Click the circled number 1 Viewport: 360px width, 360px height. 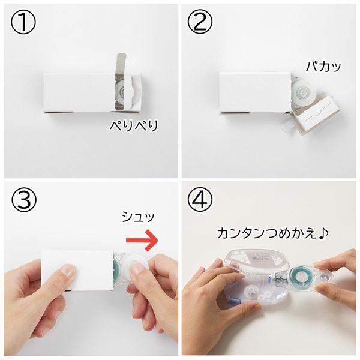click(x=23, y=22)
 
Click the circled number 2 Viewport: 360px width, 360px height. click(x=200, y=22)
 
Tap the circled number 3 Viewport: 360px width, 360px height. click(x=23, y=199)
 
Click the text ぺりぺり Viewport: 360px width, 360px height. click(x=134, y=126)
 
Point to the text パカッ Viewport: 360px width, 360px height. click(x=323, y=66)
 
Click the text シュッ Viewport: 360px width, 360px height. click(x=138, y=217)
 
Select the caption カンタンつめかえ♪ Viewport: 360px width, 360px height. click(x=273, y=233)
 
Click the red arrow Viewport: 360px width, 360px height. click(x=142, y=240)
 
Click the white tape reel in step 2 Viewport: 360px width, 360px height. click(x=304, y=93)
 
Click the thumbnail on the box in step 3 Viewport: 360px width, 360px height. click(x=68, y=271)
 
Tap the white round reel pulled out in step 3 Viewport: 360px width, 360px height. click(x=135, y=267)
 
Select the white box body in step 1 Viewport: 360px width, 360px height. click(x=79, y=92)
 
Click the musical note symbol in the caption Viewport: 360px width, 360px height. click(x=324, y=233)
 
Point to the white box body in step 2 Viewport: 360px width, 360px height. click(x=256, y=92)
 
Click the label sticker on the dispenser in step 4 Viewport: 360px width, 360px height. click(x=258, y=259)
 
